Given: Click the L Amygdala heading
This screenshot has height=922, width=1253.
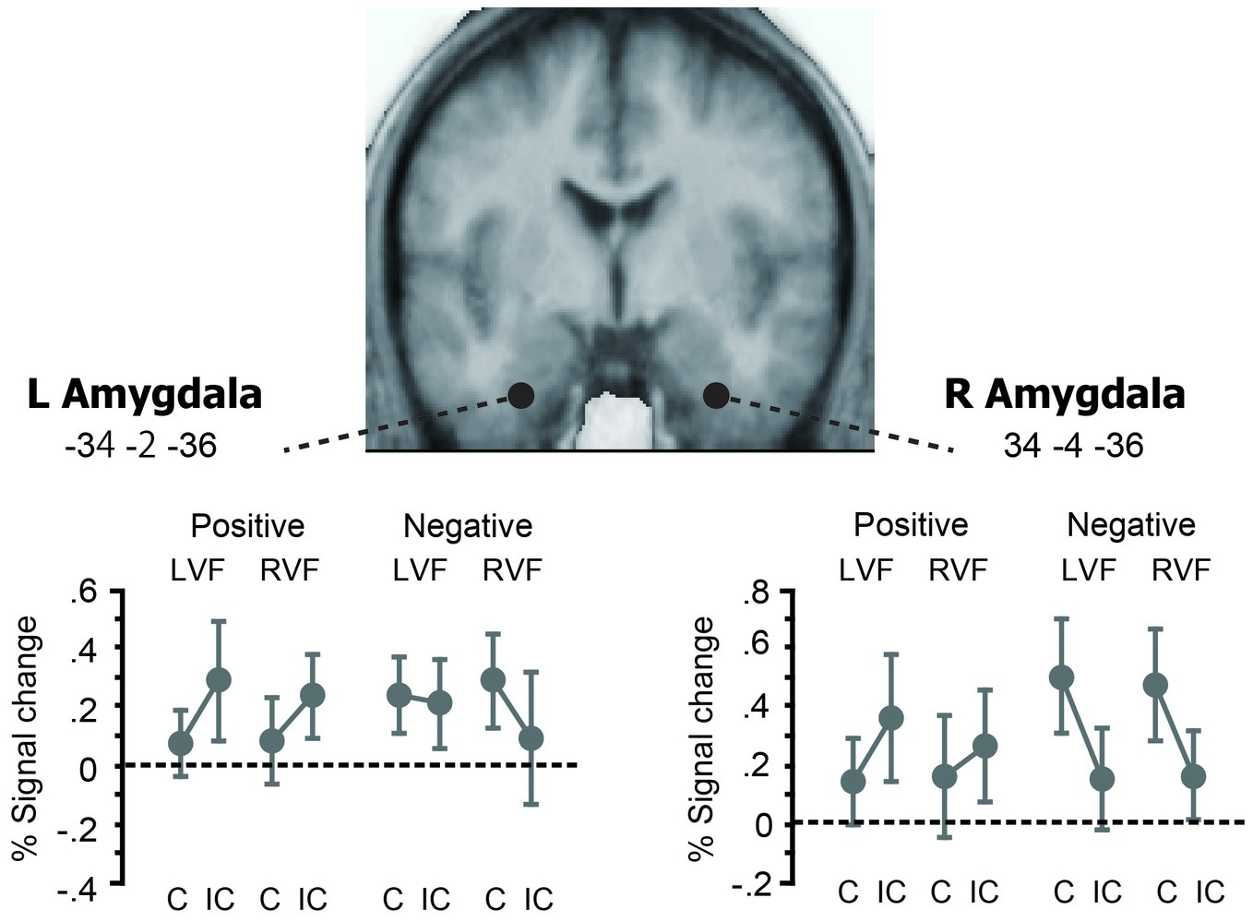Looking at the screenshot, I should (x=145, y=394).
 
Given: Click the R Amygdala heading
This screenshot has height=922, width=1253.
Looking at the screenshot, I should (x=1064, y=394).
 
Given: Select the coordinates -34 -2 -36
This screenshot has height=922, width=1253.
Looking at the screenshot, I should (x=140, y=447).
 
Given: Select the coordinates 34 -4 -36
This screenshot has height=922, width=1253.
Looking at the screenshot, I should (x=1072, y=447).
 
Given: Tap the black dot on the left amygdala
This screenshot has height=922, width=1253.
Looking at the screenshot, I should (x=520, y=395).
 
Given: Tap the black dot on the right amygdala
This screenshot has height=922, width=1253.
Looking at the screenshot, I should (x=716, y=395).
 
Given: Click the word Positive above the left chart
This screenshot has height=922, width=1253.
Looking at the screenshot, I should (x=247, y=526).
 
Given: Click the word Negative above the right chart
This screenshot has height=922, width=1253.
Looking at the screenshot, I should (x=1130, y=525).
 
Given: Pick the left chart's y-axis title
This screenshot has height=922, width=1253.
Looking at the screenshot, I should (x=28, y=738).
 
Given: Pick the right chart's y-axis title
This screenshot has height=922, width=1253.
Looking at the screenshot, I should (x=703, y=738).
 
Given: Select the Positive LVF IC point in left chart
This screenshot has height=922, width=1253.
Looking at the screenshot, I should (x=218, y=680).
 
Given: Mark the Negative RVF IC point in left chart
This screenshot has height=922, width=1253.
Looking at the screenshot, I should (x=531, y=738).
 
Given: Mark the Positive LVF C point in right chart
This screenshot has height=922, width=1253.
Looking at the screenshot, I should (x=853, y=781).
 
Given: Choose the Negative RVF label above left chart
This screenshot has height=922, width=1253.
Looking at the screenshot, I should (x=512, y=569).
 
